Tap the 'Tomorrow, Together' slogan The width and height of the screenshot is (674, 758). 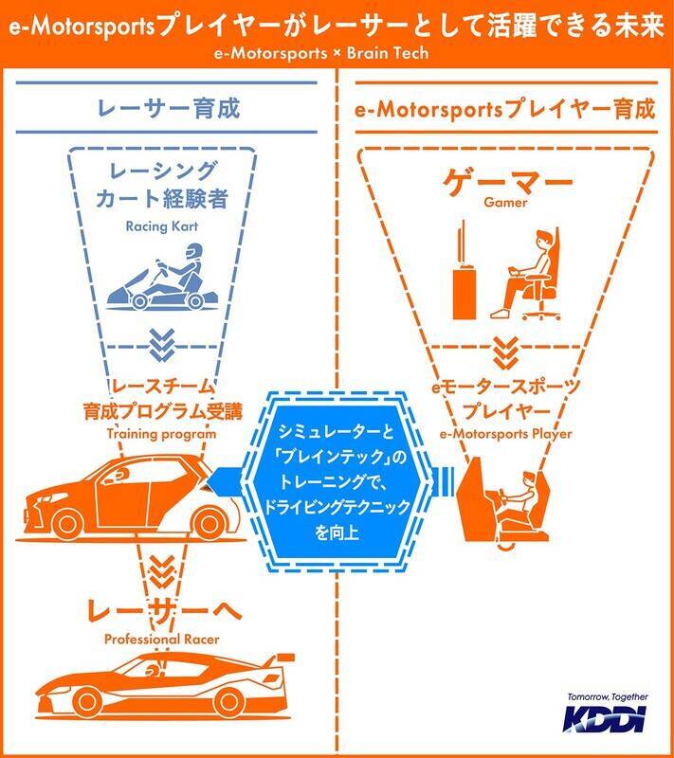(608, 697)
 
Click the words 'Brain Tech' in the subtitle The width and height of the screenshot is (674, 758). (388, 53)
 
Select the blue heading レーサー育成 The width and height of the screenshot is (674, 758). (168, 108)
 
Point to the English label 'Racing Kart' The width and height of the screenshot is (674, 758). (161, 226)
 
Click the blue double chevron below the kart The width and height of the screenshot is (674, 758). (162, 345)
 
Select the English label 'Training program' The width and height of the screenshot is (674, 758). (161, 434)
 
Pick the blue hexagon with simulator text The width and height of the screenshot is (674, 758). (337, 482)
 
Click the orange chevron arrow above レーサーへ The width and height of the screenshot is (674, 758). (161, 571)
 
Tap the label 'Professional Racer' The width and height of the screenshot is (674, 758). (161, 639)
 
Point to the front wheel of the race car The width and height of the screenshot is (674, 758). (86, 701)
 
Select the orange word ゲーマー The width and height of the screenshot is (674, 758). (506, 182)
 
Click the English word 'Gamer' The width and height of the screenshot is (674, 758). (505, 202)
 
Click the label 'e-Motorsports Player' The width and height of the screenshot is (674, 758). (505, 434)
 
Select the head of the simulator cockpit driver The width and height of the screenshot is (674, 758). (528, 479)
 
